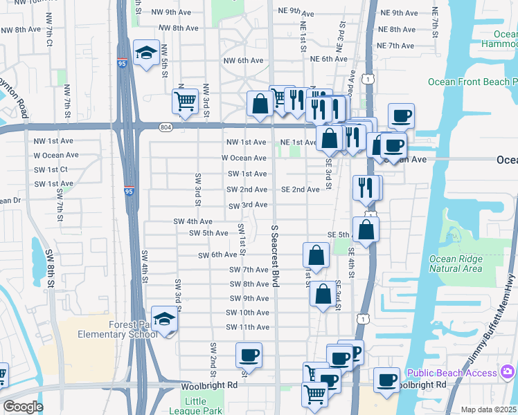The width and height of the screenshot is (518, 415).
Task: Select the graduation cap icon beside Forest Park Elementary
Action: coord(165,319)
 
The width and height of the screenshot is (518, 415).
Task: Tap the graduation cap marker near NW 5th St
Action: coord(146,53)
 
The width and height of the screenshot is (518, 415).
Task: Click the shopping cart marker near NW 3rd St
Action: coord(186,101)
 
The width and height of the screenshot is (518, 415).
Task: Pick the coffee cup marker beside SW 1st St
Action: coord(249,356)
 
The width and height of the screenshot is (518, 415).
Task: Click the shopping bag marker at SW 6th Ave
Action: coord(316,255)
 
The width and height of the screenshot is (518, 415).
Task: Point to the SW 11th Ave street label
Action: coord(247,327)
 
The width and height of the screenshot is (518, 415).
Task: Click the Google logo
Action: coord(22,407)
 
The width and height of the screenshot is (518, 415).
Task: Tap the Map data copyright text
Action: coord(488,409)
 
